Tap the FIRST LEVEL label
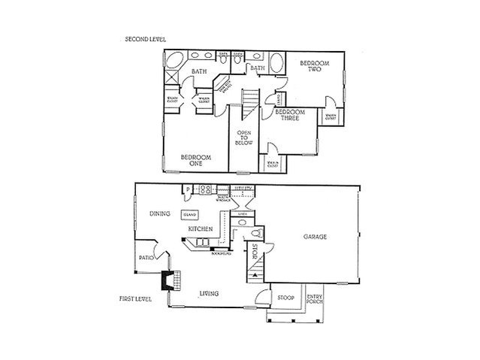[135, 298]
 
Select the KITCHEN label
[200, 228]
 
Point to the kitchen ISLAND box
[189, 214]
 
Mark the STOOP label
[285, 297]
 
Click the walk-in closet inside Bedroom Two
[331, 116]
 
